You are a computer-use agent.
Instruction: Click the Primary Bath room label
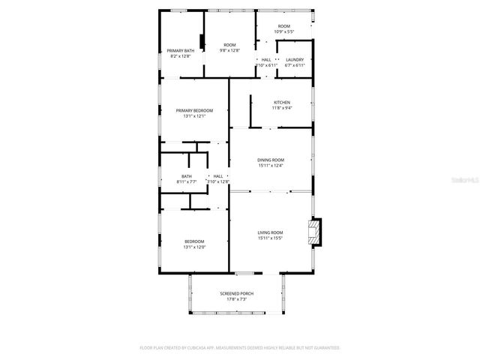(180, 50)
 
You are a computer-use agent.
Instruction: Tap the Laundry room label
(295, 59)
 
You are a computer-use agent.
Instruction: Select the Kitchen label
(282, 102)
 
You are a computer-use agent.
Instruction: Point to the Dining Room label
(271, 160)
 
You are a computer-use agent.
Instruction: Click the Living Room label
(271, 232)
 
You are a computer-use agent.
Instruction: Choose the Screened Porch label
(236, 293)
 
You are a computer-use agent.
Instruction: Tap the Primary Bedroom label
(193, 110)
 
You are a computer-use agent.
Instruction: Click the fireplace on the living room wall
(316, 232)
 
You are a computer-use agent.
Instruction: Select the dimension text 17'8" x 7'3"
(236, 299)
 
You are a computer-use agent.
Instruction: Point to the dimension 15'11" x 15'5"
(271, 238)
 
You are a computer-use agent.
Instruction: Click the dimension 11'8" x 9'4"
(282, 108)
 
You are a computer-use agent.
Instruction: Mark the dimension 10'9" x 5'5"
(284, 31)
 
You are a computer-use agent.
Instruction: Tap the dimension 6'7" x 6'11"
(295, 65)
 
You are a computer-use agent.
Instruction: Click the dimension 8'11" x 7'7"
(186, 181)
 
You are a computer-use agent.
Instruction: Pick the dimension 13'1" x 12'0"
(193, 247)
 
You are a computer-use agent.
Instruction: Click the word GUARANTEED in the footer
(324, 348)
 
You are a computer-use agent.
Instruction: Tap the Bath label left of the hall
(186, 176)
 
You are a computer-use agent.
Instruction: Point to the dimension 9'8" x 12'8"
(229, 50)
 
